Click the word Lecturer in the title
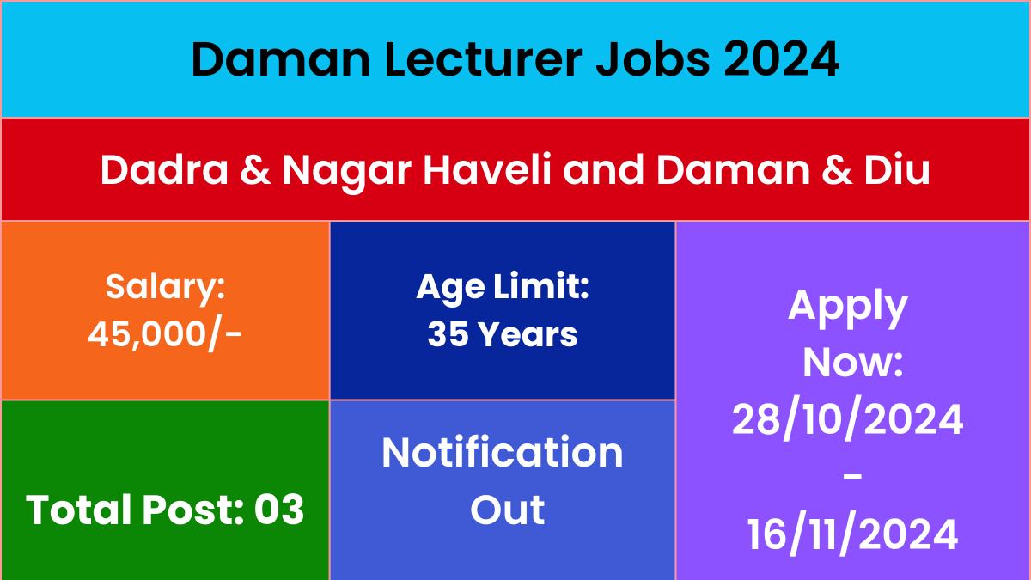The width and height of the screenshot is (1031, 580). click(484, 59)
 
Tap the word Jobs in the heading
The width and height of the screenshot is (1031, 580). click(654, 59)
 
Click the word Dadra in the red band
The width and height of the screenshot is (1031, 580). click(164, 169)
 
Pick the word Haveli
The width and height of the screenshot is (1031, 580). click(487, 169)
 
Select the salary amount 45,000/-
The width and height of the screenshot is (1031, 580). click(165, 333)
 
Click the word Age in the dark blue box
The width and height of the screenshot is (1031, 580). click(450, 290)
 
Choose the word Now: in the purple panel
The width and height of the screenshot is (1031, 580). click(853, 363)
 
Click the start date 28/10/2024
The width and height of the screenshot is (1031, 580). click(848, 418)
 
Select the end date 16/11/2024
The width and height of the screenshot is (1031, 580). click(852, 534)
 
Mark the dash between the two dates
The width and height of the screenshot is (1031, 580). click(853, 477)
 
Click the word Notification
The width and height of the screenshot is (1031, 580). click(503, 453)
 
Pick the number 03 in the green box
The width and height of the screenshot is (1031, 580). click(279, 510)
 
